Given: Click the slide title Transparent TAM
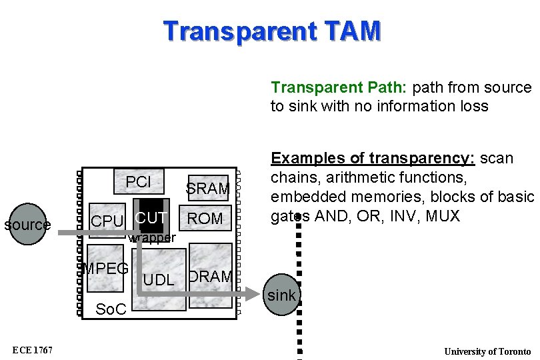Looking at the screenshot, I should pos(272,31).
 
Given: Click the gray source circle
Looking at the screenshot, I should pos(27,225).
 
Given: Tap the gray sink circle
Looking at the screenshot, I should pos(282,295).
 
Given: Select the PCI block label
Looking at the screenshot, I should pos(139,182).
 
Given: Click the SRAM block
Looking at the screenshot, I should pos(208,189).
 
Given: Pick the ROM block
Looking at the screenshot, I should pos(205,219).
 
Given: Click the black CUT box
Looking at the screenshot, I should pos(151,216).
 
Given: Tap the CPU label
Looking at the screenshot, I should pos(107,221).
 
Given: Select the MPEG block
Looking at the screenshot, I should pos(105,269).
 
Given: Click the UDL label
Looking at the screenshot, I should pos(159,281).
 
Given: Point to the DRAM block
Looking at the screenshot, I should pos(211,276).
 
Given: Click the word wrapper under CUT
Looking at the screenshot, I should pos(152,238).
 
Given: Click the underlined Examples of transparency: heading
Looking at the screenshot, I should pos(372,159).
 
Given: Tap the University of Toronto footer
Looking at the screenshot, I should pos(487,351).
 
